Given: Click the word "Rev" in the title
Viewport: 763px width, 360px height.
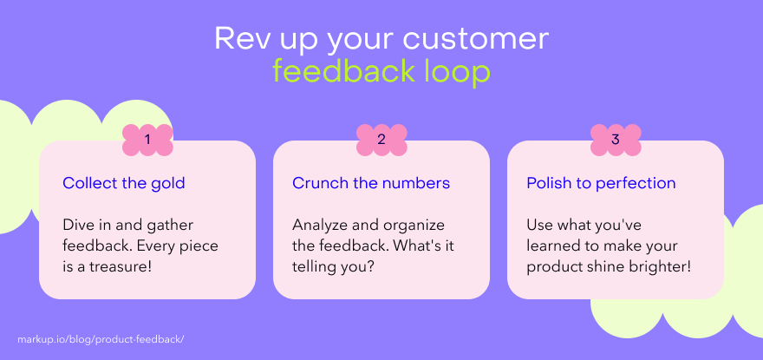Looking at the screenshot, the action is [238, 38].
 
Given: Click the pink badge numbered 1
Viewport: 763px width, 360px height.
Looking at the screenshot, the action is [147, 140].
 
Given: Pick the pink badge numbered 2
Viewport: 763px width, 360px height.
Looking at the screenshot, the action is [381, 140].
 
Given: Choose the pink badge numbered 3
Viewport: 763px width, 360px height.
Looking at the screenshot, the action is [616, 140].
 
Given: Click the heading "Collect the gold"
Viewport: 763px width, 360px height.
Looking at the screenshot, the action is [124, 183].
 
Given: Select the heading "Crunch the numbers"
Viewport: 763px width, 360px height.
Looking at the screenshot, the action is [371, 183].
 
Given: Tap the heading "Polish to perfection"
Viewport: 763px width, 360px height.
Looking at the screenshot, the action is [602, 184].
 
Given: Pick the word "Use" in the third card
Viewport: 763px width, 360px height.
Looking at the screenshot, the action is [538, 225].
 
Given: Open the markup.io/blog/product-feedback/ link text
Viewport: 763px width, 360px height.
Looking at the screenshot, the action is [101, 339].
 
